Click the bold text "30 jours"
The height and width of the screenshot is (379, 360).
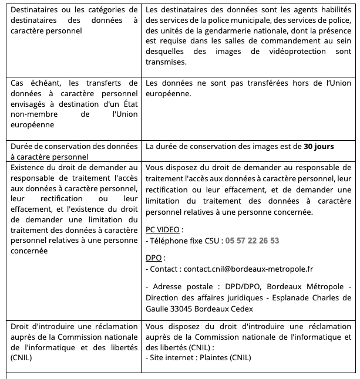[x=319, y=146]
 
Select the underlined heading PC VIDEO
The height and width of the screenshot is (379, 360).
[x=162, y=230]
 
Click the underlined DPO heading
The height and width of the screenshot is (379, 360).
[x=153, y=258]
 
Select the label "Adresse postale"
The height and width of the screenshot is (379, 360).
[x=181, y=287]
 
